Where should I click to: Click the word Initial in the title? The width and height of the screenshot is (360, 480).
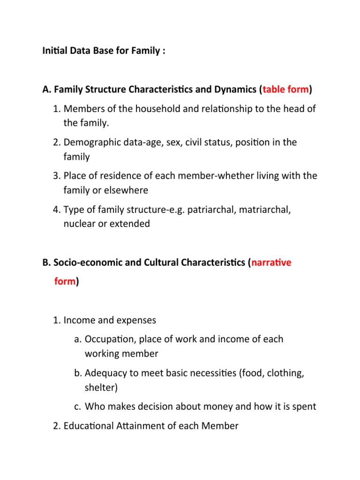coord(54,51)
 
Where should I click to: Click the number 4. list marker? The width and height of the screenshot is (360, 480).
coord(57,209)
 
